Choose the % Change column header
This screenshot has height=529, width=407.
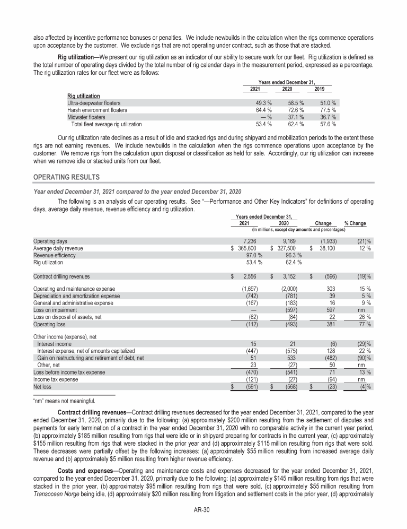tap(355, 223)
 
